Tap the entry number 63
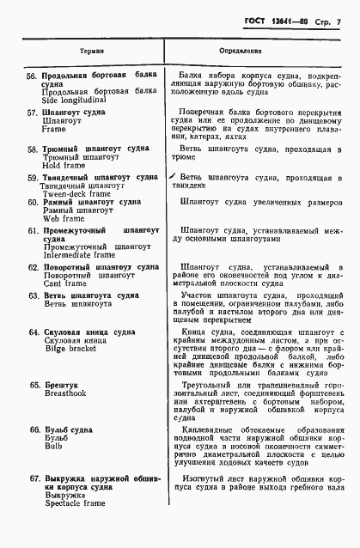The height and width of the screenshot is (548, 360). click(x=33, y=295)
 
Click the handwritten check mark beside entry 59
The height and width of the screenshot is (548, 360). click(x=173, y=177)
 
